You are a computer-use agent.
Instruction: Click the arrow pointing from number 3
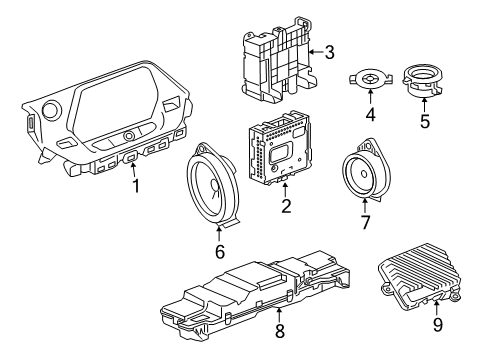click(x=315, y=50)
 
